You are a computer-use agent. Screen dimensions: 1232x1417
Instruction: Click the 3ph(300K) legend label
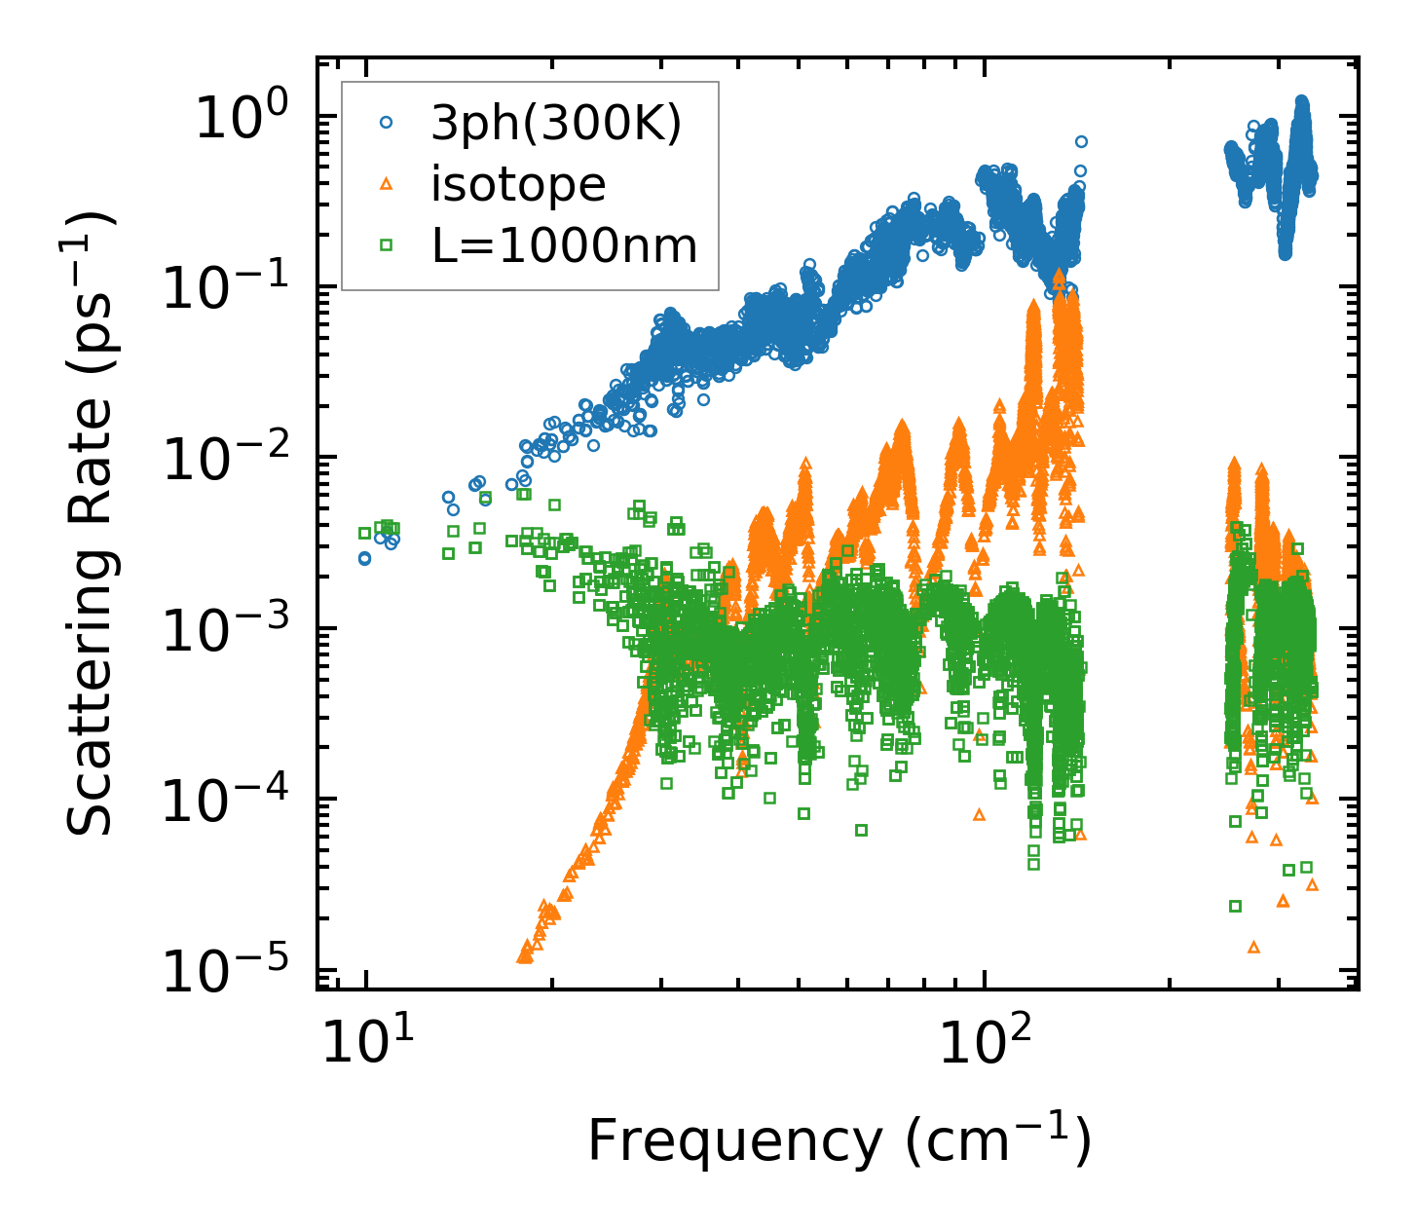pos(556,124)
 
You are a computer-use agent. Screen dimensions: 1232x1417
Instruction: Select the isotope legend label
pos(518,184)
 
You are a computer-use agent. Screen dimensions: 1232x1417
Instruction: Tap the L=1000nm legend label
pos(565,246)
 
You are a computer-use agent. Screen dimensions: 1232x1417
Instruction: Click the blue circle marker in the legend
pos(386,123)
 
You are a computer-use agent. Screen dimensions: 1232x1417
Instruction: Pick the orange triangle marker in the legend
pos(386,183)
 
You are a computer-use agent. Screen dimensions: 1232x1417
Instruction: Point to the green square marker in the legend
pos(386,245)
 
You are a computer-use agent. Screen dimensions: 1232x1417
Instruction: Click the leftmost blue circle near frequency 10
pos(364,559)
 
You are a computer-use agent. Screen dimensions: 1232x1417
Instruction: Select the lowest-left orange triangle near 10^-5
pos(523,957)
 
